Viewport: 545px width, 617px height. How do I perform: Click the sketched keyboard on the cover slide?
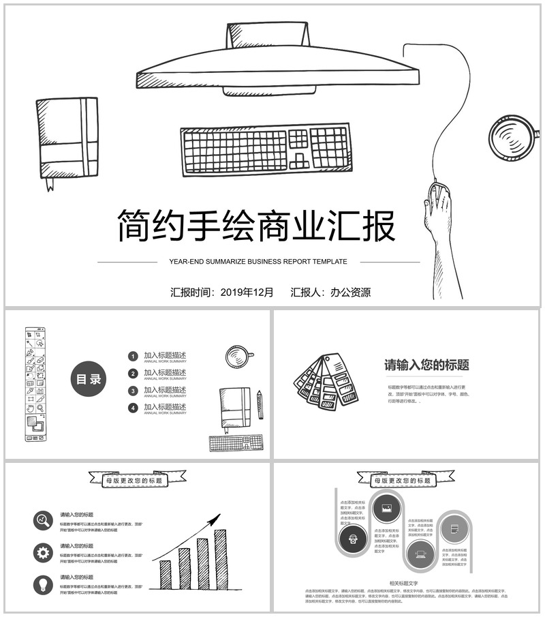click(x=266, y=150)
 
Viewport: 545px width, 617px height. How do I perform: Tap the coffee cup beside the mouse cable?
click(x=512, y=139)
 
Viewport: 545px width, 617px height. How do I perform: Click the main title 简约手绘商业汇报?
click(x=256, y=226)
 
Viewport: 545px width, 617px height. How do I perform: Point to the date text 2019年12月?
click(x=247, y=292)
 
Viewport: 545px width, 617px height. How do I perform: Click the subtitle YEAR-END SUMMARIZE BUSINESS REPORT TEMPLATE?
click(x=258, y=262)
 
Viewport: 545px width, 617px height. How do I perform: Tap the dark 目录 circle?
click(x=89, y=380)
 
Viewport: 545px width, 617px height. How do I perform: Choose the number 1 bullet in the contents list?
click(x=134, y=356)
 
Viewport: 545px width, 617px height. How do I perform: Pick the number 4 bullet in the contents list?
click(x=134, y=408)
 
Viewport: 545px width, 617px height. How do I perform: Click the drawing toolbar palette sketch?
click(x=35, y=384)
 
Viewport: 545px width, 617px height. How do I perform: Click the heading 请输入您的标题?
click(x=426, y=365)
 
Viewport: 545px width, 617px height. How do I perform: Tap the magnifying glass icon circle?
click(x=43, y=521)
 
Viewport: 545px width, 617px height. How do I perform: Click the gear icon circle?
click(x=43, y=553)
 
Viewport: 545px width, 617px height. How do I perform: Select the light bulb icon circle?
click(x=43, y=584)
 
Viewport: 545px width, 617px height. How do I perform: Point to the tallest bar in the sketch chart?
click(x=220, y=559)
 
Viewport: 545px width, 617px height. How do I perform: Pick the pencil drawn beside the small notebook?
click(x=260, y=404)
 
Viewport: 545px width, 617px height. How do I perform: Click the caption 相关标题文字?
click(x=403, y=584)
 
